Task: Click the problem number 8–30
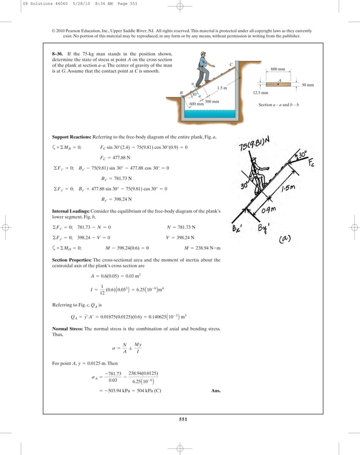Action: [x=59, y=54]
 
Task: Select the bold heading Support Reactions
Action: [x=73, y=137]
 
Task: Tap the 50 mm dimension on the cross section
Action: [x=308, y=85]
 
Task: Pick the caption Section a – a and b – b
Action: [x=280, y=105]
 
